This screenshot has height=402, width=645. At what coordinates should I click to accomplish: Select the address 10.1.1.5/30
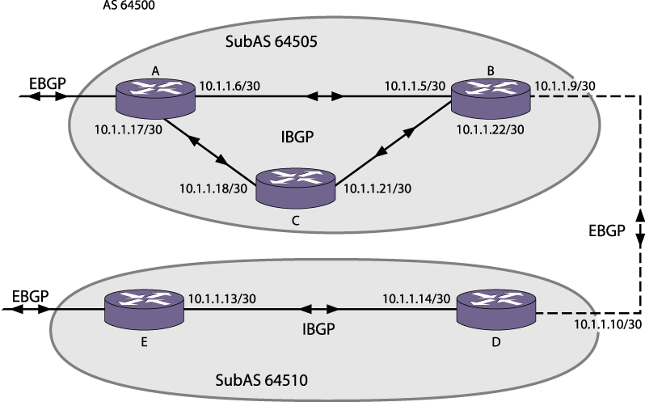(415, 85)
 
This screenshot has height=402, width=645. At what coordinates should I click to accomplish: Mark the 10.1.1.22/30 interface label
(491, 129)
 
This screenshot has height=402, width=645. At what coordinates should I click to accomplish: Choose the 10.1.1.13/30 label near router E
(222, 298)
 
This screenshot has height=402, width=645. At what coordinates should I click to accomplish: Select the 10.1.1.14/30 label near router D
(416, 298)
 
